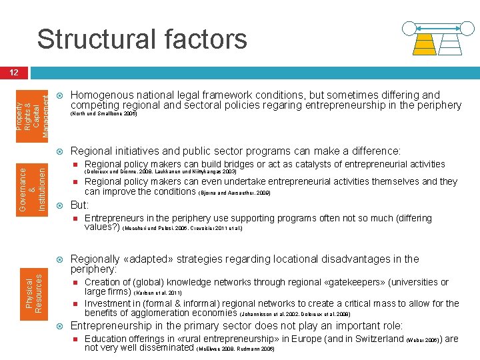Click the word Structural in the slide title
coord(93,39)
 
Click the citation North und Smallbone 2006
coord(103,114)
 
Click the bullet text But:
coord(79,205)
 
